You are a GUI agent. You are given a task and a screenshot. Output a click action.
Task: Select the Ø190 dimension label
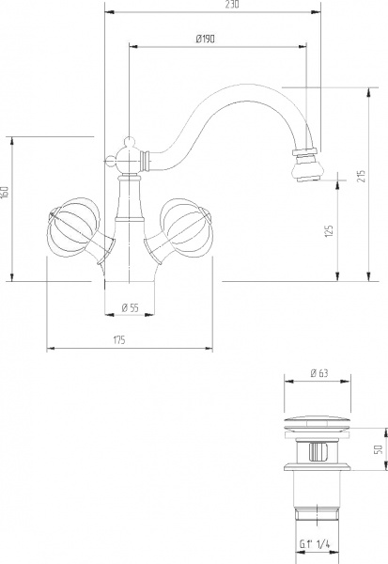coord(207,39)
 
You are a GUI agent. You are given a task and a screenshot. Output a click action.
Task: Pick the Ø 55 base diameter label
coord(131,307)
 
